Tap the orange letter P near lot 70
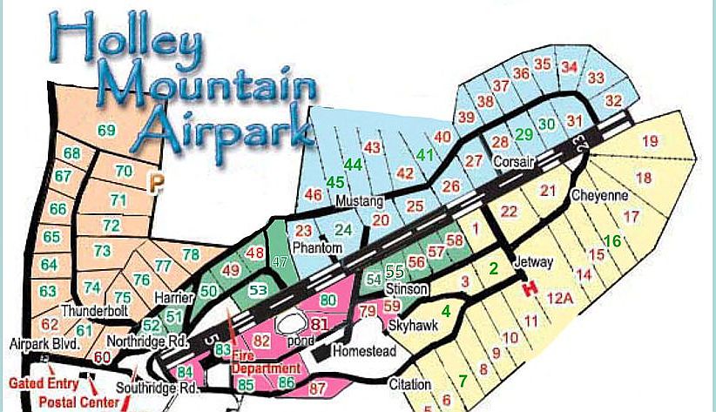156,182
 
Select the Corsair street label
511,162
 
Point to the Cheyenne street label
599,196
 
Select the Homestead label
366,351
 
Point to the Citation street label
410,384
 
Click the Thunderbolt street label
95,310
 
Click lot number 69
106,131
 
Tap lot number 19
650,140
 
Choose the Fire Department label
266,361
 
